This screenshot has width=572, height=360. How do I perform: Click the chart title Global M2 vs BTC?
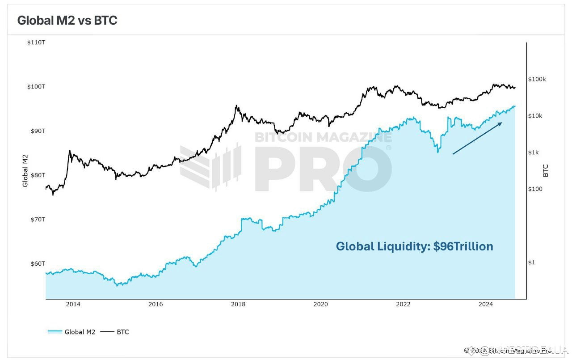point(67,21)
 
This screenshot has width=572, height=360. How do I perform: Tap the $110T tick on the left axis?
point(36,42)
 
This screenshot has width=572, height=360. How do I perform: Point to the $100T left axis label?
point(36,86)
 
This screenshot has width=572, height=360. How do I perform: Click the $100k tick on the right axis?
point(537,79)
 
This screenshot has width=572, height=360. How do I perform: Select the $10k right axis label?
point(535,116)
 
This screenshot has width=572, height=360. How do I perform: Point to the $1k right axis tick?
point(534,152)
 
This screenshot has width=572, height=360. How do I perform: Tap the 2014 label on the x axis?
point(73,305)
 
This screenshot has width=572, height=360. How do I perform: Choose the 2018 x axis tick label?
point(238,305)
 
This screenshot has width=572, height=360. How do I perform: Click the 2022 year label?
point(403,305)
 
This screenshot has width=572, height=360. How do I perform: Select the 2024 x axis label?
point(485,305)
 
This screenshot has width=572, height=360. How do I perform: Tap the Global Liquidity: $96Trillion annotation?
point(414,246)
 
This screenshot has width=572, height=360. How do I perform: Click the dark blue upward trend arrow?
point(477,138)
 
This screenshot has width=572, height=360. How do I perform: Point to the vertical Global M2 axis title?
point(25,170)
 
